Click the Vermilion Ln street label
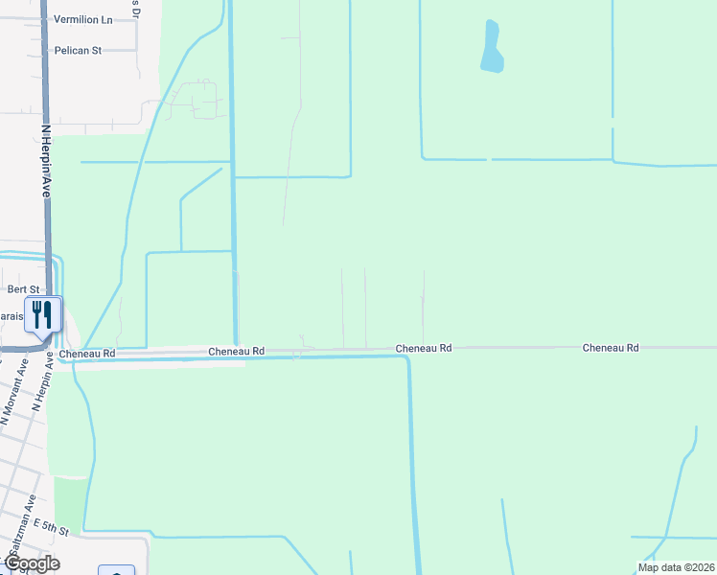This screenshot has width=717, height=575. [x=82, y=19]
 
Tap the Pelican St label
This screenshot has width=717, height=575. [x=79, y=50]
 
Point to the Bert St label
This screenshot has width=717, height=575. [x=24, y=288]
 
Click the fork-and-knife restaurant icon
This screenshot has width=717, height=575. [x=42, y=313]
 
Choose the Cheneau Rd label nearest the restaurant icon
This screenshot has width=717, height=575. [x=87, y=354]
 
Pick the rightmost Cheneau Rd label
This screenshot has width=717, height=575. [x=611, y=348]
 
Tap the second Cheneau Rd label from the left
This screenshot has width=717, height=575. [x=237, y=353]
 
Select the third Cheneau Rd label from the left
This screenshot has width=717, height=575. [x=424, y=348]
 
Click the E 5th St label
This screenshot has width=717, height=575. [x=52, y=527]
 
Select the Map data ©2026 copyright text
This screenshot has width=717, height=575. [x=676, y=567]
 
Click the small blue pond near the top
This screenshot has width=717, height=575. [x=492, y=48]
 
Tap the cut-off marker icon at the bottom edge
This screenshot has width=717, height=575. [x=116, y=571]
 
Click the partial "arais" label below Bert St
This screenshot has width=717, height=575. [x=12, y=315]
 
